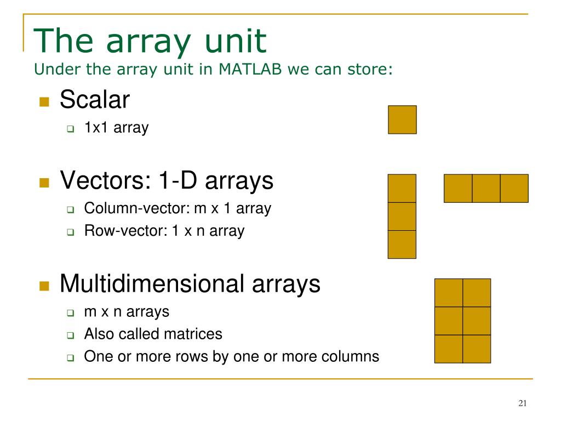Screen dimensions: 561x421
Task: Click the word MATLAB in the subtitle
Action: [x=250, y=69]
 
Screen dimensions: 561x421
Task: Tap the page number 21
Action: [x=522, y=403]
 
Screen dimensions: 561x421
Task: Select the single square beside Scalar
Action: [x=402, y=120]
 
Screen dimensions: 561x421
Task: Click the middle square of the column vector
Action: [x=402, y=217]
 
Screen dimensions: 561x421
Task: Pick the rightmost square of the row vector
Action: [x=514, y=189]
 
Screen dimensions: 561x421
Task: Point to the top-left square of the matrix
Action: [x=449, y=293]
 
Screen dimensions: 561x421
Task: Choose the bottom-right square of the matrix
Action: [x=477, y=349]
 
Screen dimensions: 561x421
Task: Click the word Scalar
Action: [x=94, y=99]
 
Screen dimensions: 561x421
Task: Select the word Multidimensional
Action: [x=152, y=283]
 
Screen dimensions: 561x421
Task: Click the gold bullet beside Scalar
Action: [x=44, y=102]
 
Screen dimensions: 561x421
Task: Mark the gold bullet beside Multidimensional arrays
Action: [x=44, y=286]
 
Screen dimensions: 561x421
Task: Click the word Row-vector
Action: [x=125, y=231]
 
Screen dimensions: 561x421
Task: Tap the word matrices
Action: [x=193, y=334]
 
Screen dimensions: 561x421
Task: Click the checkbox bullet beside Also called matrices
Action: [x=71, y=335]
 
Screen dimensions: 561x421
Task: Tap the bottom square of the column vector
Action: [x=402, y=244]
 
